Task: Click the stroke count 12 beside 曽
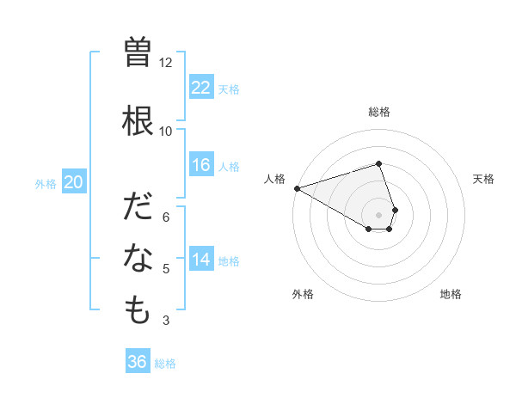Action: pyautogui.click(x=166, y=63)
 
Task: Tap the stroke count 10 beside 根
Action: pyautogui.click(x=166, y=131)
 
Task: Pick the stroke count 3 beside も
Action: pyautogui.click(x=166, y=321)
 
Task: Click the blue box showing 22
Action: pyautogui.click(x=200, y=87)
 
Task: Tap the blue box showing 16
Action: pyautogui.click(x=200, y=165)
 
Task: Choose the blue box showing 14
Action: pyautogui.click(x=200, y=260)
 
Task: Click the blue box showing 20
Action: pyautogui.click(x=74, y=181)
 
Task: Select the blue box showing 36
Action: pyautogui.click(x=138, y=362)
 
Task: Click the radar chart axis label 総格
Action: pyautogui.click(x=379, y=112)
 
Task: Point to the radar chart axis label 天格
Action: pyautogui.click(x=484, y=179)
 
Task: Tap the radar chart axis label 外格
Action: pyautogui.click(x=303, y=294)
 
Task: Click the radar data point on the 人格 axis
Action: pyautogui.click(x=297, y=188)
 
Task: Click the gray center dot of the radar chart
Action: pyautogui.click(x=379, y=215)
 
